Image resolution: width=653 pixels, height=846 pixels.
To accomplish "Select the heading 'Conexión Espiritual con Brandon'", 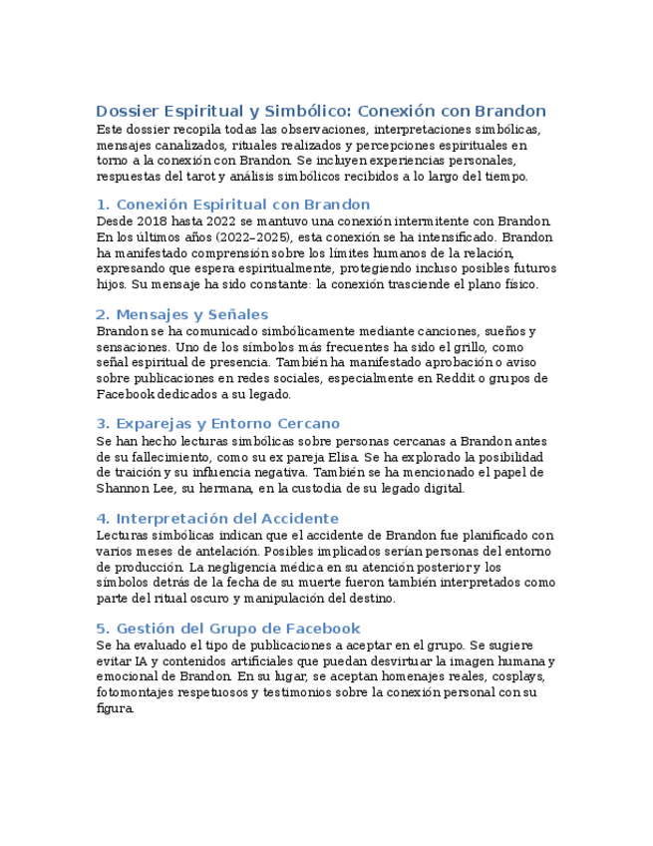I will (x=243, y=205).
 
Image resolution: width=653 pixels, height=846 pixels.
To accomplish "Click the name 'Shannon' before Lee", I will (x=124, y=489).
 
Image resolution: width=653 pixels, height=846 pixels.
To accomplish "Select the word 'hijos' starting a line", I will (x=111, y=284).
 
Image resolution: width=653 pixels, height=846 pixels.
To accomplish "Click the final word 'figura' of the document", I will (x=114, y=708).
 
